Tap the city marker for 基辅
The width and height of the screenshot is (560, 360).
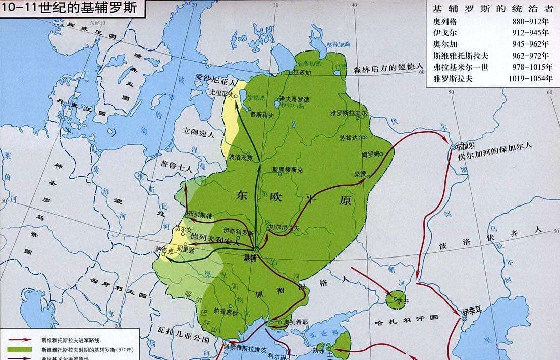click(256, 249)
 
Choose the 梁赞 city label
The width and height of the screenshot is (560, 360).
click(360, 173)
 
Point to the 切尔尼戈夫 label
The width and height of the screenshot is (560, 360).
click(285, 228)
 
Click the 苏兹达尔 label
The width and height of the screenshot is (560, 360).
click(351, 137)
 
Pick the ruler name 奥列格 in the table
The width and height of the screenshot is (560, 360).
click(444, 22)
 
